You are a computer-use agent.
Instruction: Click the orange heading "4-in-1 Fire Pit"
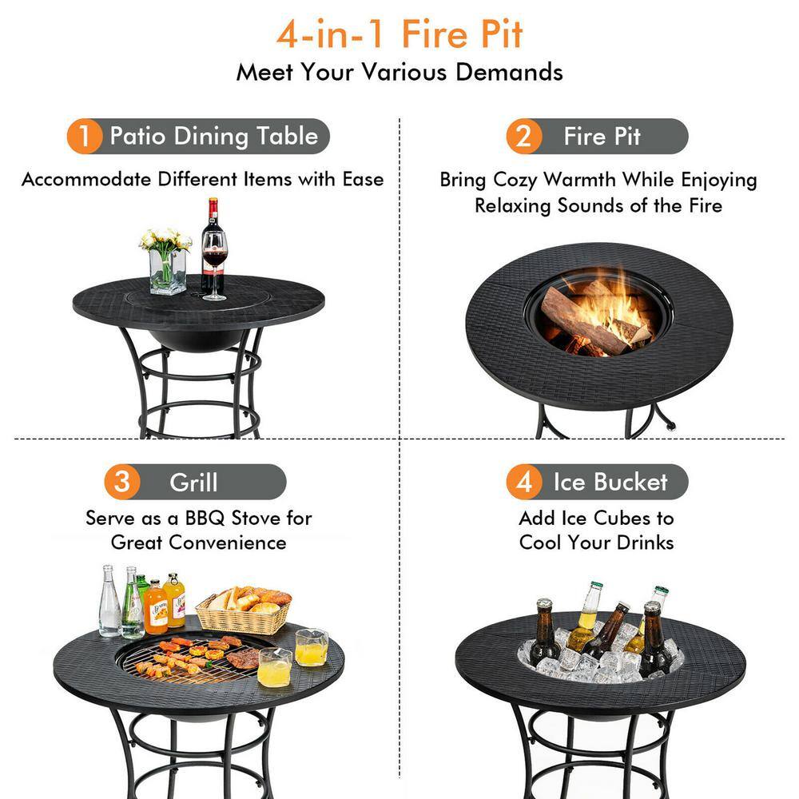(399, 34)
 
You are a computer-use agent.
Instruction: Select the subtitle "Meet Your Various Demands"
(399, 72)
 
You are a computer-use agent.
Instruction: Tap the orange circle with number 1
(85, 137)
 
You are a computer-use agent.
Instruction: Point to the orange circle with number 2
(524, 137)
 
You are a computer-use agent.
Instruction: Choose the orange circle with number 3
(121, 483)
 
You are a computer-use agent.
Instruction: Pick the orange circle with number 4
(524, 483)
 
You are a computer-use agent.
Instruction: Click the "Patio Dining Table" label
(213, 137)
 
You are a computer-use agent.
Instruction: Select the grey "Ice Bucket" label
(610, 483)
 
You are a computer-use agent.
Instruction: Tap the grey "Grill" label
(194, 483)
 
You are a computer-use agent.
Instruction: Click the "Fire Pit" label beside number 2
(602, 137)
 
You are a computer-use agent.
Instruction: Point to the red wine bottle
(212, 240)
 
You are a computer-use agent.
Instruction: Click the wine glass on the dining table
(214, 264)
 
